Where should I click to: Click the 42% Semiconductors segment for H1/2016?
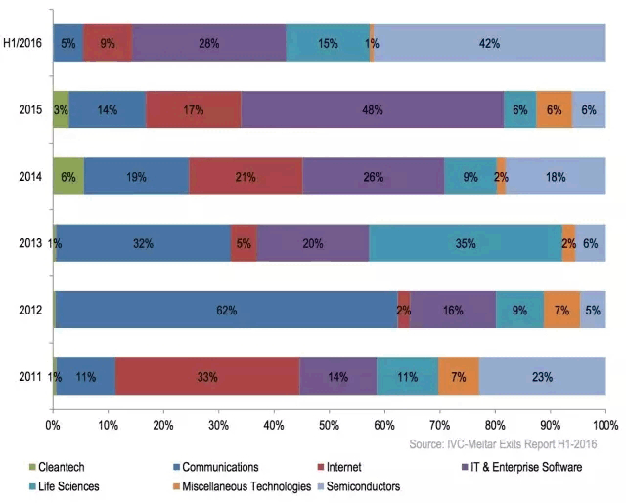coord(489,43)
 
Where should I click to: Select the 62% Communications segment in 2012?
coord(226,310)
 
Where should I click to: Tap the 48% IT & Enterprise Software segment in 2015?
coord(372,110)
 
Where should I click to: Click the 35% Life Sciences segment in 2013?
coord(465,243)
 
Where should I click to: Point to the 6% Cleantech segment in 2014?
coord(68,177)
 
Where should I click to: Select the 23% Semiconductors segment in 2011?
coord(542,376)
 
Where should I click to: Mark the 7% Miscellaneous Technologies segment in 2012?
coord(561,310)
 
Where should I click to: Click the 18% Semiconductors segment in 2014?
coord(556,177)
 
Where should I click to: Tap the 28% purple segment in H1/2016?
coord(209,43)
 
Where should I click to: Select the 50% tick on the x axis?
coord(329,426)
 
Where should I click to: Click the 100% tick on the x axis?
coord(604,426)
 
